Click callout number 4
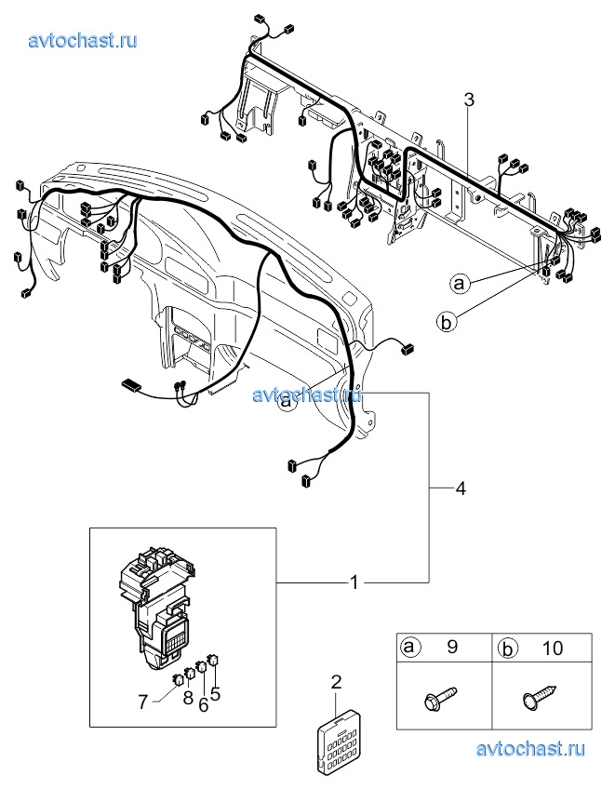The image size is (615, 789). [459, 488]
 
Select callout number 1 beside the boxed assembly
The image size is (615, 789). [354, 582]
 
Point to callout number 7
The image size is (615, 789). [215, 692]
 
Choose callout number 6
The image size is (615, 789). [143, 702]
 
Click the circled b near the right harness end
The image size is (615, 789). [446, 322]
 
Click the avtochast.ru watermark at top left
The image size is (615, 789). [84, 40]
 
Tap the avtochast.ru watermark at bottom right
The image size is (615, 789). [530, 749]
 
